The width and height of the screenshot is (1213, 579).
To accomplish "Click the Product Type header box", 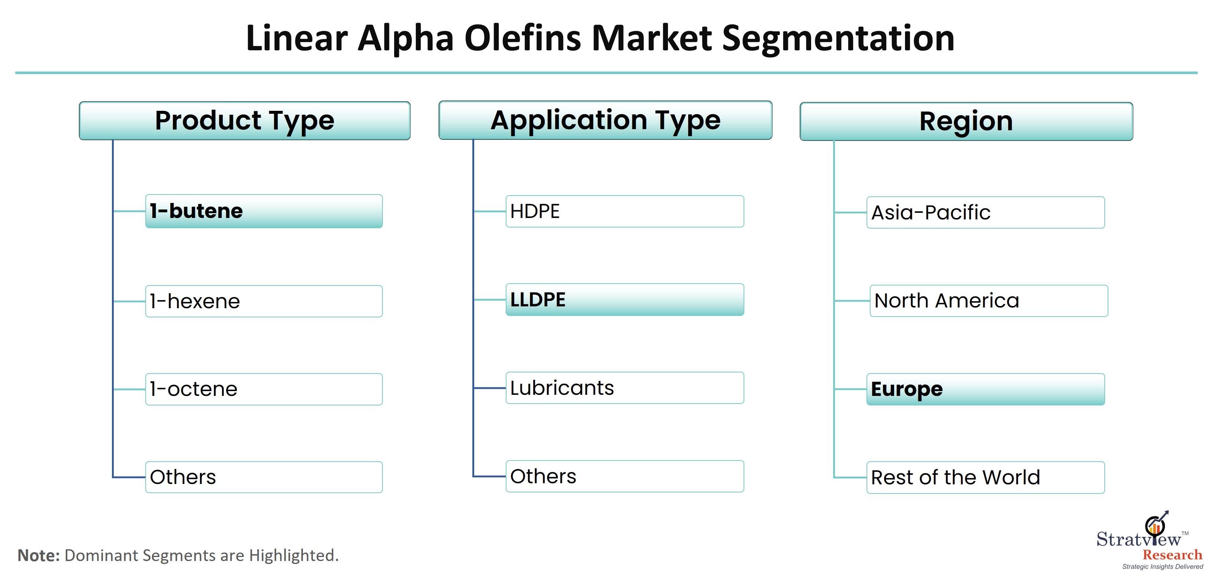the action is pos(245,120).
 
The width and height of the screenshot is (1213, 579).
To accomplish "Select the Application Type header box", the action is pos(606,120).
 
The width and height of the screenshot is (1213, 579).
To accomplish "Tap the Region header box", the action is pos(966,121).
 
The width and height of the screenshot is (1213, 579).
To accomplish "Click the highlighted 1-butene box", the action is pos(264,211).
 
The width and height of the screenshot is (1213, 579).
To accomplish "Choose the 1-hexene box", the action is pos(264,301).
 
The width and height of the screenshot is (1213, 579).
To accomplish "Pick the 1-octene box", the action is pos(264,389).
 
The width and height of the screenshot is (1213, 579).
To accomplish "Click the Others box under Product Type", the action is pos(264,477).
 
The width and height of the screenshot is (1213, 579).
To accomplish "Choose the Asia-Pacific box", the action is pos(985,213).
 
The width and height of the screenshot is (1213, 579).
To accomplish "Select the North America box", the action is pos(989,301).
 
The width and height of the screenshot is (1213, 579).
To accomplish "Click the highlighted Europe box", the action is pos(985,389).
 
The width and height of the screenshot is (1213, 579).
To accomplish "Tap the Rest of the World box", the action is pos(985,478).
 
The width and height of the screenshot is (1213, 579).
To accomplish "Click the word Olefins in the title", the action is pos(523,38).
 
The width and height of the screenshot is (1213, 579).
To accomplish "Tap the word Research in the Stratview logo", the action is pos(1173,555).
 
